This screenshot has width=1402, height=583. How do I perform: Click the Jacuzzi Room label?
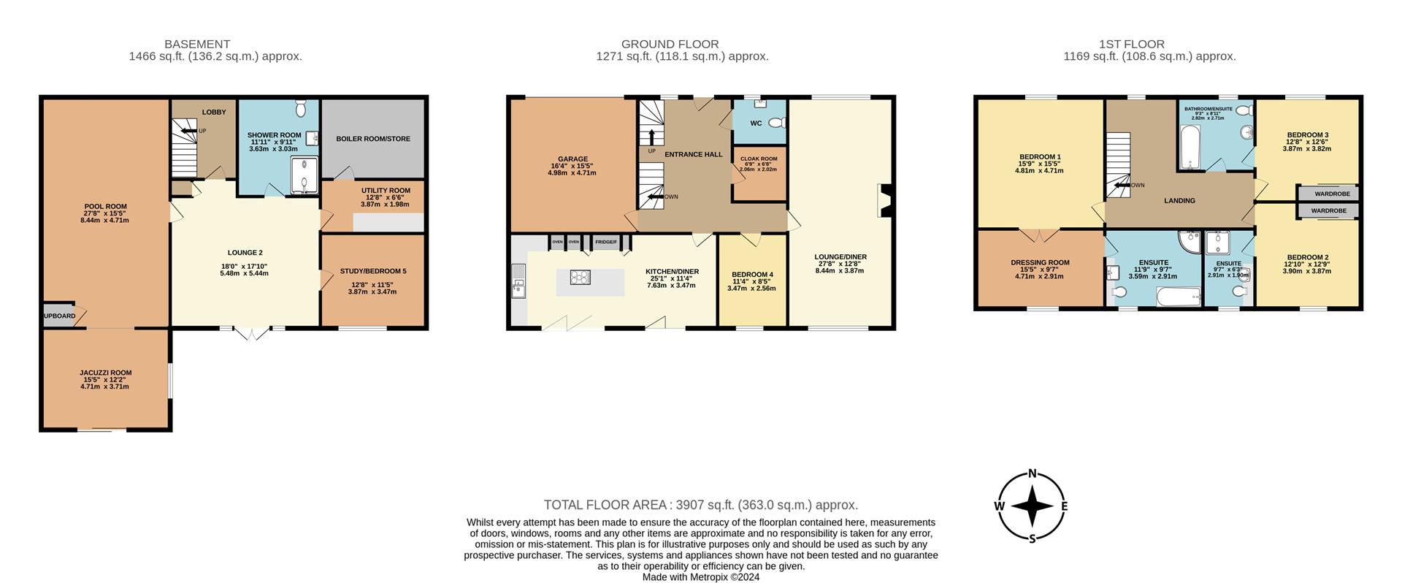click(x=106, y=373)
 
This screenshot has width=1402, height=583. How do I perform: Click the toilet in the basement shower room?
click(x=300, y=110)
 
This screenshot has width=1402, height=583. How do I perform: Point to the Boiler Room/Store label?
click(x=373, y=139)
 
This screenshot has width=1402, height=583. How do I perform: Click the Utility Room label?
click(x=386, y=191)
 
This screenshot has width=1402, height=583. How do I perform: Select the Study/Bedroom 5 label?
click(x=373, y=271)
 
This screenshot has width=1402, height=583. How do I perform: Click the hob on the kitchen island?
click(x=582, y=276)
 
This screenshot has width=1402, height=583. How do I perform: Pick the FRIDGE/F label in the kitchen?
click(x=606, y=242)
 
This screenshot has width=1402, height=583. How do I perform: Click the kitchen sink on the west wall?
click(x=518, y=281)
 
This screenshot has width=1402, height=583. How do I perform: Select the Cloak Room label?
click(x=759, y=159)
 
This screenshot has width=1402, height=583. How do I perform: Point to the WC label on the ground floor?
click(x=756, y=123)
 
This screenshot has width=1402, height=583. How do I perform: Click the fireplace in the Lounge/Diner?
click(x=884, y=201)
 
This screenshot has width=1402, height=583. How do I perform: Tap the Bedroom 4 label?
click(x=752, y=275)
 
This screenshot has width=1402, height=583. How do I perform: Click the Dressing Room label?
click(x=1040, y=262)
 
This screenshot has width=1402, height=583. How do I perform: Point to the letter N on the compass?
click(x=1033, y=473)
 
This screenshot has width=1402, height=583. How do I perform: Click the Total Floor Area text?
click(x=700, y=505)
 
